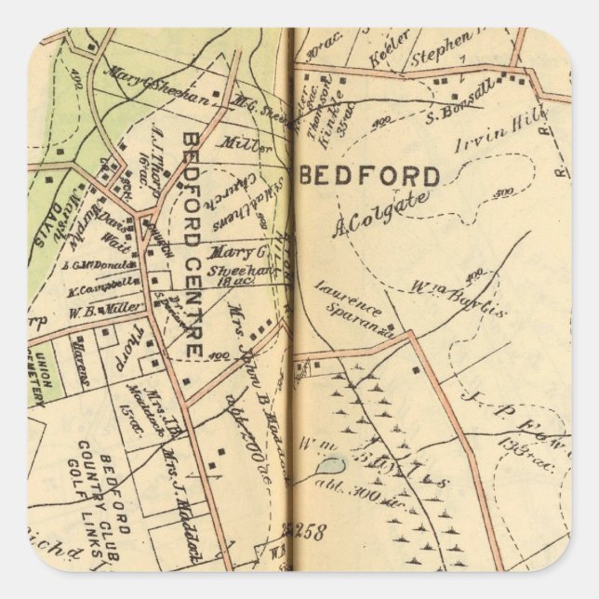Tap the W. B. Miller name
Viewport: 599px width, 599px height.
pos(106,307)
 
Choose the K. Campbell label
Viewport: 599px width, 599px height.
pos(104,286)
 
